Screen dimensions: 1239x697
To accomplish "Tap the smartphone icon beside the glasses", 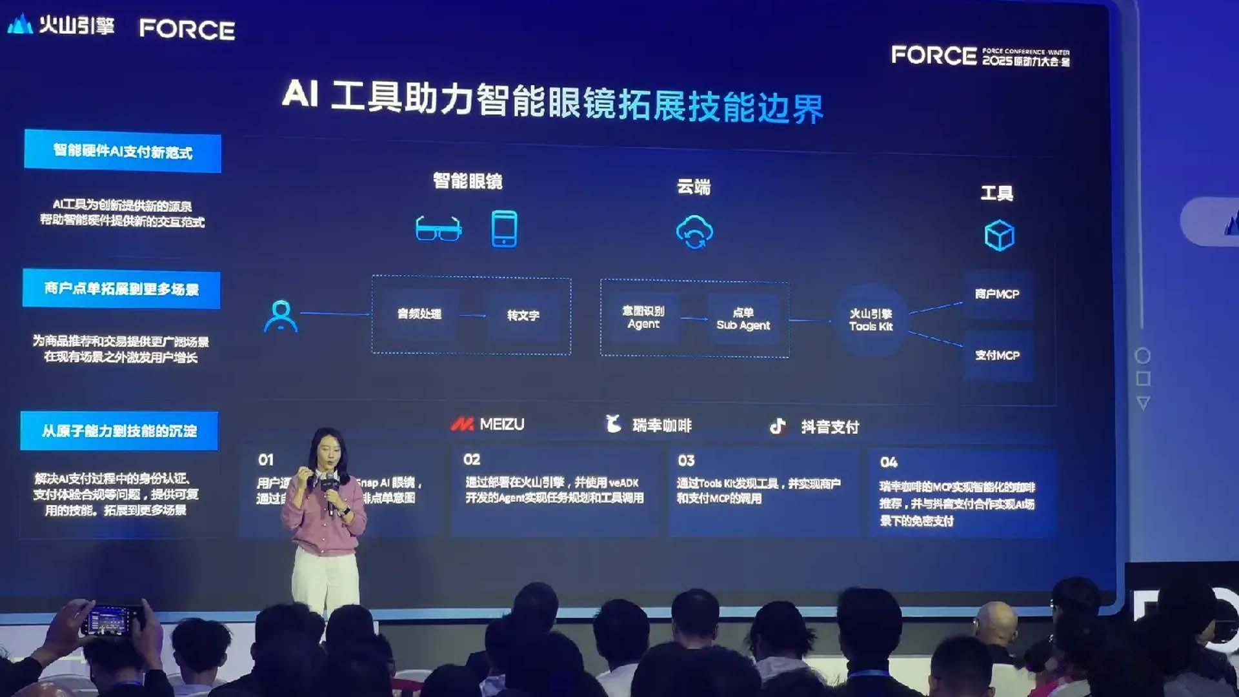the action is [x=504, y=228].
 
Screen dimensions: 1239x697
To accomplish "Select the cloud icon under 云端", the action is [x=694, y=232].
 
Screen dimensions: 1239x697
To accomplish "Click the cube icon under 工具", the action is [x=999, y=235].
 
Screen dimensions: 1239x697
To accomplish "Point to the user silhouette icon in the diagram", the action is [x=281, y=316].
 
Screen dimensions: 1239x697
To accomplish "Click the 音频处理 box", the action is [x=419, y=314].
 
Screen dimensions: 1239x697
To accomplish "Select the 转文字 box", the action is [x=523, y=316].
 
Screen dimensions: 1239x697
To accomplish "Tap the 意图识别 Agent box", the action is [x=643, y=318].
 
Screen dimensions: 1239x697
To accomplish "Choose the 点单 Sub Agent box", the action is [x=743, y=319].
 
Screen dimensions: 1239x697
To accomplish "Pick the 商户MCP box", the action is [x=997, y=294].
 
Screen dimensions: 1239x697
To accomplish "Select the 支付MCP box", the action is [x=997, y=356].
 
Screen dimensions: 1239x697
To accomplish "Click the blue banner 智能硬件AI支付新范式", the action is [x=123, y=152].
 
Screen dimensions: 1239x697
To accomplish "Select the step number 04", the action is [x=889, y=462].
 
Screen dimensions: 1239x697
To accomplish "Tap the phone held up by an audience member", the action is [x=110, y=621].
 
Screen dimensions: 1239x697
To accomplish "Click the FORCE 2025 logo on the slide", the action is [x=980, y=56].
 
